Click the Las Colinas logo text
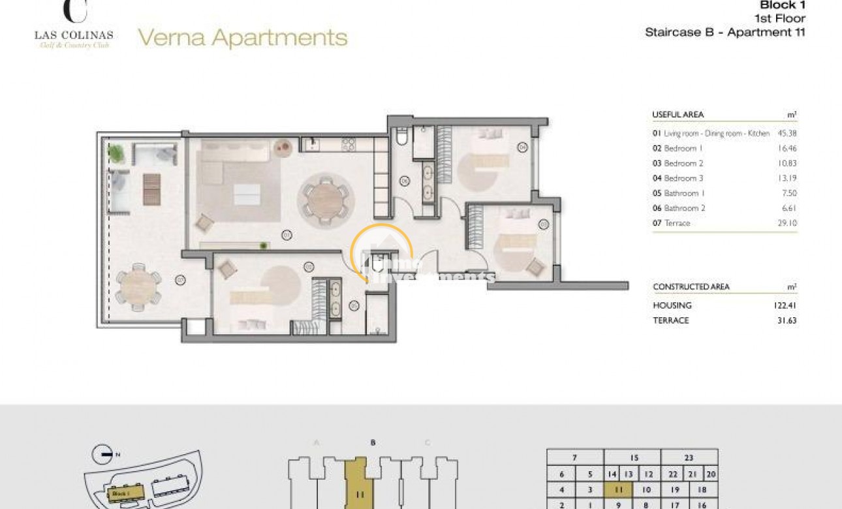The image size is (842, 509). click(74, 35)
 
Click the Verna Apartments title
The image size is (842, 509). click(242, 38)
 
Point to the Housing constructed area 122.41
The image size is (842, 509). click(785, 305)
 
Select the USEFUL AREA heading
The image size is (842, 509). click(678, 115)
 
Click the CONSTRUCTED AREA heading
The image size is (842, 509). click(691, 287)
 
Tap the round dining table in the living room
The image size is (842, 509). click(324, 200)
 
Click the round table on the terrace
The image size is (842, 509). click(138, 286)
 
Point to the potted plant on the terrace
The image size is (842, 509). click(116, 154)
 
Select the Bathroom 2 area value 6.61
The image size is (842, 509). click(788, 208)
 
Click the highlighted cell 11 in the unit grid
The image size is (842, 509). click(617, 489)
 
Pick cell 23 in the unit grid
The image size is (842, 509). click(689, 458)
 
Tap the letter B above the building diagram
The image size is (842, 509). click(373, 442)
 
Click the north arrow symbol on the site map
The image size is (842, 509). click(101, 451)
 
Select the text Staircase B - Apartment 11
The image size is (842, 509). click(725, 32)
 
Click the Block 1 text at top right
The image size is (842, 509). click(783, 5)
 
